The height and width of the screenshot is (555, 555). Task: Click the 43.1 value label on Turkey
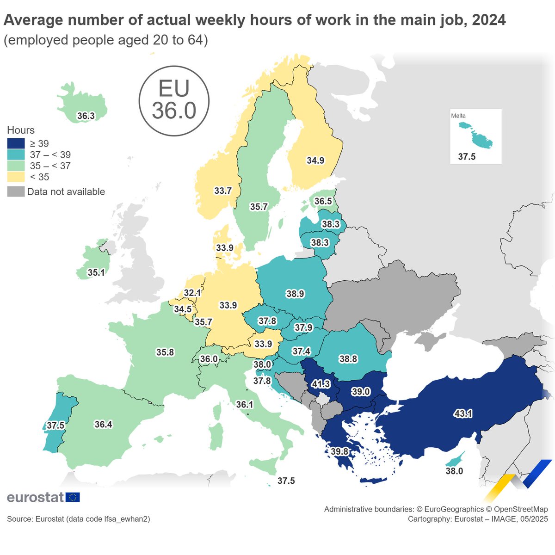[x=463, y=414]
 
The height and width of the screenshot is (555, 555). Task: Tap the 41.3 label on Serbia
[x=321, y=384]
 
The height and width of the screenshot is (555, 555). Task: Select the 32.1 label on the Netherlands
[x=192, y=293]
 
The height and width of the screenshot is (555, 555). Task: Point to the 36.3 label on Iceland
[x=86, y=116]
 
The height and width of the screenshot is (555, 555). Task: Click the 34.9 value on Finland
[x=315, y=160]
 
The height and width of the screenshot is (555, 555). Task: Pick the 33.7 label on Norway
[x=222, y=191]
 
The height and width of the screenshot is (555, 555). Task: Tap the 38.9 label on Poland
[x=295, y=294]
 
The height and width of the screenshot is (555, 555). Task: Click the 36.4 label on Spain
[x=103, y=424]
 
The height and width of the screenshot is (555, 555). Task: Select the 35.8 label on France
[x=165, y=352]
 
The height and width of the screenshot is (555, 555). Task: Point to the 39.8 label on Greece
[x=339, y=451]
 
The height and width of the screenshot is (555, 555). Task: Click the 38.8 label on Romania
[x=348, y=359]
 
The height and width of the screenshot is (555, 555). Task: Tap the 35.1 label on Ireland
[x=96, y=273]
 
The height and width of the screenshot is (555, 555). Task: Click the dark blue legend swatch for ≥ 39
[x=16, y=143]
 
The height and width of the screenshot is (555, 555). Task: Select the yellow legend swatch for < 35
[x=16, y=177]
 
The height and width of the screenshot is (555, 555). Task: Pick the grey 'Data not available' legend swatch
[x=16, y=191]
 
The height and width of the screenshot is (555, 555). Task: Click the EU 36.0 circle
[x=174, y=100]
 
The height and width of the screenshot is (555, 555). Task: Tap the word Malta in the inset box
[x=458, y=116]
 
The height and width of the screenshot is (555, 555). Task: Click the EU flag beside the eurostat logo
[x=73, y=497]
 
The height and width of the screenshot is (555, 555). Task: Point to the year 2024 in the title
[x=489, y=20]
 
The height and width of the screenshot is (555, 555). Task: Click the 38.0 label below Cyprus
[x=454, y=471]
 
